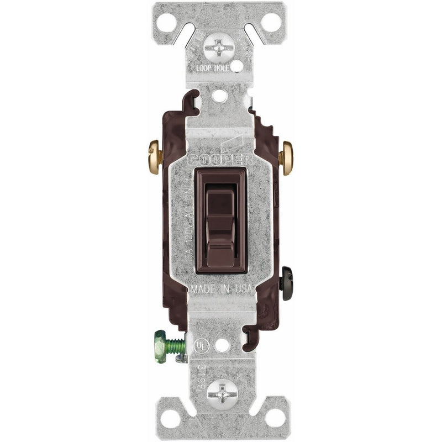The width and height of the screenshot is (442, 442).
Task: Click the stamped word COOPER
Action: (221, 159)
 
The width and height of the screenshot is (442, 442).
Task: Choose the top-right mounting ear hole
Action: (270, 22)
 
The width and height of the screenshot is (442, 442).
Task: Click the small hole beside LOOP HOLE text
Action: (236, 66)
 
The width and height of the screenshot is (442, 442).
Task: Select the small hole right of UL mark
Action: (222, 345)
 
